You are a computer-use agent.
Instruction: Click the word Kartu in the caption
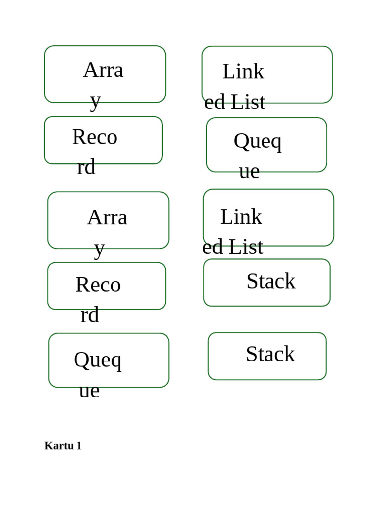pyautogui.click(x=59, y=446)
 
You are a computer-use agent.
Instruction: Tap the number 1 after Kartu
pyautogui.click(x=79, y=446)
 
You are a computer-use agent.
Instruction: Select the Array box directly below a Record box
pyautogui.click(x=108, y=220)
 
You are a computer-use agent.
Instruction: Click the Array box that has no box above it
pyautogui.click(x=105, y=74)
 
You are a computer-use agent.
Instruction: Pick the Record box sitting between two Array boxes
pyautogui.click(x=104, y=141)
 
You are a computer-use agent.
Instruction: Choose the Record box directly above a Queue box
pyautogui.click(x=107, y=287)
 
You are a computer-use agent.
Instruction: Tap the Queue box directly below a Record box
pyautogui.click(x=109, y=361)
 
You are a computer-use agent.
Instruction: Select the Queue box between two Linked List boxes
pyautogui.click(x=266, y=145)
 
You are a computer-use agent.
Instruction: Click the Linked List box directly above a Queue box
pyautogui.click(x=267, y=75)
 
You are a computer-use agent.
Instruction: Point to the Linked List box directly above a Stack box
pyautogui.click(x=268, y=217)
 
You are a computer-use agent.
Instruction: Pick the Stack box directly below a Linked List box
pyautogui.click(x=267, y=283)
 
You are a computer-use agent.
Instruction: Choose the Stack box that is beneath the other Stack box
pyautogui.click(x=267, y=356)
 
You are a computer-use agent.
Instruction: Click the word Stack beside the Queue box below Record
pyautogui.click(x=270, y=354)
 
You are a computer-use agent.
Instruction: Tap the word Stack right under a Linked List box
pyautogui.click(x=271, y=281)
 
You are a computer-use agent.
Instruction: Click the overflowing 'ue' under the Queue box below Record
pyautogui.click(x=89, y=391)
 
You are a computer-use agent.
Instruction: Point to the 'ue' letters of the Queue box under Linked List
pyautogui.click(x=249, y=171)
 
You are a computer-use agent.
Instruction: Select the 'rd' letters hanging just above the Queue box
pyautogui.click(x=90, y=315)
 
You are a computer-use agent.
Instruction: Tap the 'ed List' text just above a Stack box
pyautogui.click(x=233, y=247)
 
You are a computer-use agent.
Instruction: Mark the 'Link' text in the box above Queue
pyautogui.click(x=243, y=71)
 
